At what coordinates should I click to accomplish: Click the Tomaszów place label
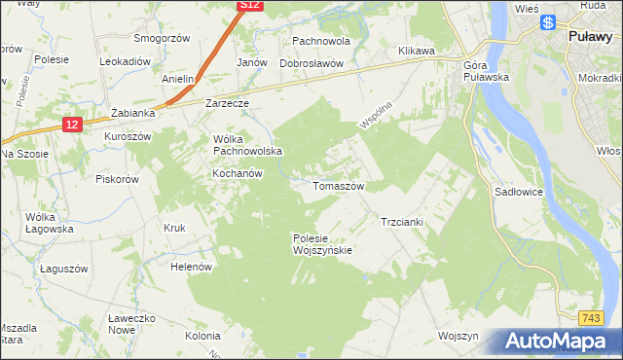[x=338, y=185]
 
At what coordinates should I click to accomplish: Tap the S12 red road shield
[x=250, y=6]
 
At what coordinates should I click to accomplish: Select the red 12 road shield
[x=72, y=124]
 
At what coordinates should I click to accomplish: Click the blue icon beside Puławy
[x=548, y=21]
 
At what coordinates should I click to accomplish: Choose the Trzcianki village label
[x=400, y=222]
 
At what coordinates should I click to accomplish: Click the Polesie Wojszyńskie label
[x=321, y=243]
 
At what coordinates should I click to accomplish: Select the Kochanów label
[x=238, y=173]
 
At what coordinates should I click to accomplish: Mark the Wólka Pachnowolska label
[x=247, y=145]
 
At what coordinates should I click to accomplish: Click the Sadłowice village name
[x=518, y=193]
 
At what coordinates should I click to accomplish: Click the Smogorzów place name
[x=161, y=40]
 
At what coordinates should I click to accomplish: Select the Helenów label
[x=191, y=266]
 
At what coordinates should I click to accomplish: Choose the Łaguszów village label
[x=64, y=268]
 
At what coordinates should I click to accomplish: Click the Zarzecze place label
[x=228, y=101]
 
